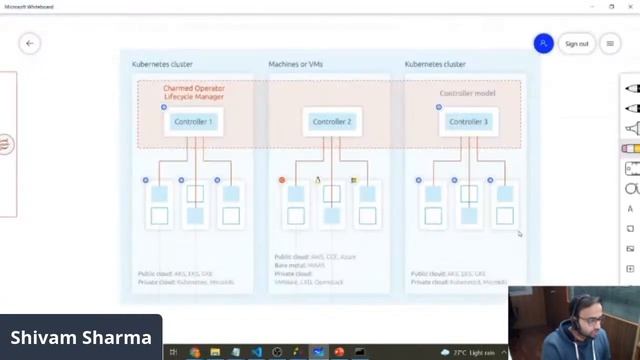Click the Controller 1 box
click(x=193, y=122)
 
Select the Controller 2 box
click(x=331, y=122)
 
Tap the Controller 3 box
click(x=468, y=122)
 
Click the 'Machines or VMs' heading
click(x=295, y=64)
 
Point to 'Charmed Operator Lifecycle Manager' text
click(x=194, y=92)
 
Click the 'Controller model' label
click(x=466, y=93)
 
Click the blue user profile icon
click(x=543, y=43)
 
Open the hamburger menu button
click(x=610, y=43)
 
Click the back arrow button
click(x=29, y=43)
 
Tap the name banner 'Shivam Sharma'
click(x=80, y=338)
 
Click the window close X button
click(x=630, y=6)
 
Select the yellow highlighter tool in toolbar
click(x=631, y=148)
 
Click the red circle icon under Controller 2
click(x=282, y=180)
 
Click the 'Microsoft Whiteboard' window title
click(x=29, y=6)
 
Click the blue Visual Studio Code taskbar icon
click(x=256, y=352)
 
